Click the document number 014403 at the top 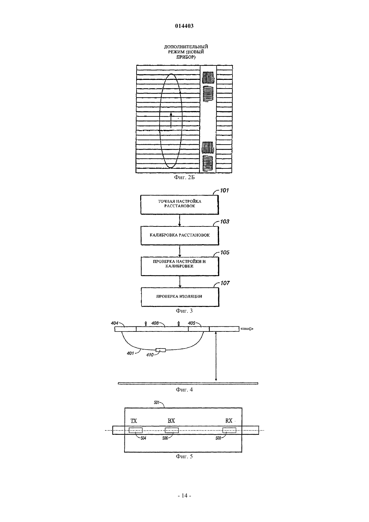click(184, 26)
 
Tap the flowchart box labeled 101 click(179, 205)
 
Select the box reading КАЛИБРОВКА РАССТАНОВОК click(180, 236)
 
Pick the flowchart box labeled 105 click(180, 266)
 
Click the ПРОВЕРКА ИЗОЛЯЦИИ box click(180, 297)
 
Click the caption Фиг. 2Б click(184, 177)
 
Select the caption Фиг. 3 click(184, 311)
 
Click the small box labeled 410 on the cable click(161, 350)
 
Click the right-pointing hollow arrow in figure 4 click(247, 329)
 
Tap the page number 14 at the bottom click(184, 495)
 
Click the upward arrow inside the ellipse click(171, 120)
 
